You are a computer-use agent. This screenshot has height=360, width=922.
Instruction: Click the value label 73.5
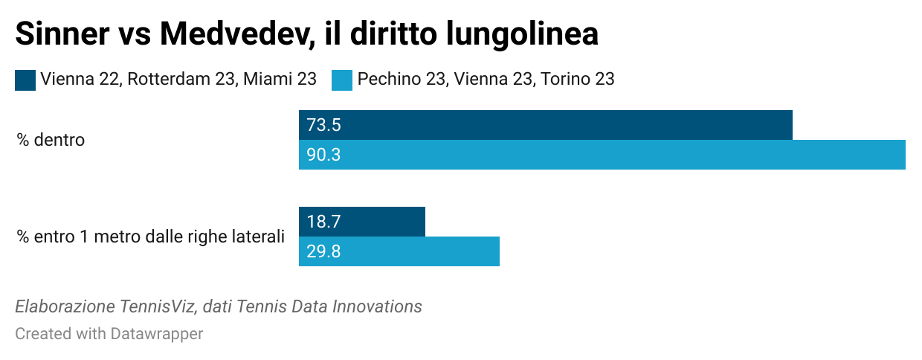(x=323, y=125)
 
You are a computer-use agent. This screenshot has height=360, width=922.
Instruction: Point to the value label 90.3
(x=323, y=155)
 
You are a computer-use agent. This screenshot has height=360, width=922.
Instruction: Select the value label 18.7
(x=323, y=222)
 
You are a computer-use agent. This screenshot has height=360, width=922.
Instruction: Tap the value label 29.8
(x=323, y=251)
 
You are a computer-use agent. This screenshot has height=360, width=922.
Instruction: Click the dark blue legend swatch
(x=25, y=80)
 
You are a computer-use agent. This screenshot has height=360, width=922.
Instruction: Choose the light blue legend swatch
(x=341, y=80)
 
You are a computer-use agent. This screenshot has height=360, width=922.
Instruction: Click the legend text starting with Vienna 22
(x=178, y=79)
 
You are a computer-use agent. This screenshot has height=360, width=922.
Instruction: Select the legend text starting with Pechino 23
(x=486, y=79)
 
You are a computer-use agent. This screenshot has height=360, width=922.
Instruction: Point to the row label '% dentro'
(x=51, y=140)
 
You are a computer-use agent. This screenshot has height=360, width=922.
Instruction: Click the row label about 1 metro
(x=150, y=237)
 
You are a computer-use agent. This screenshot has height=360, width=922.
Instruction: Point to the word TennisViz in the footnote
(x=157, y=306)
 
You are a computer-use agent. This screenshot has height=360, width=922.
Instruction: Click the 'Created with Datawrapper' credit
(x=109, y=334)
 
